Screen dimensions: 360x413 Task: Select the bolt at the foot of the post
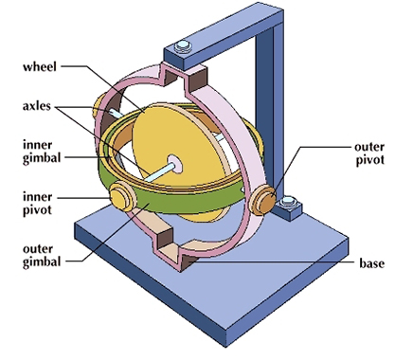(291, 202)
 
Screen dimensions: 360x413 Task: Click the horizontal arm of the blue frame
(227, 38)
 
